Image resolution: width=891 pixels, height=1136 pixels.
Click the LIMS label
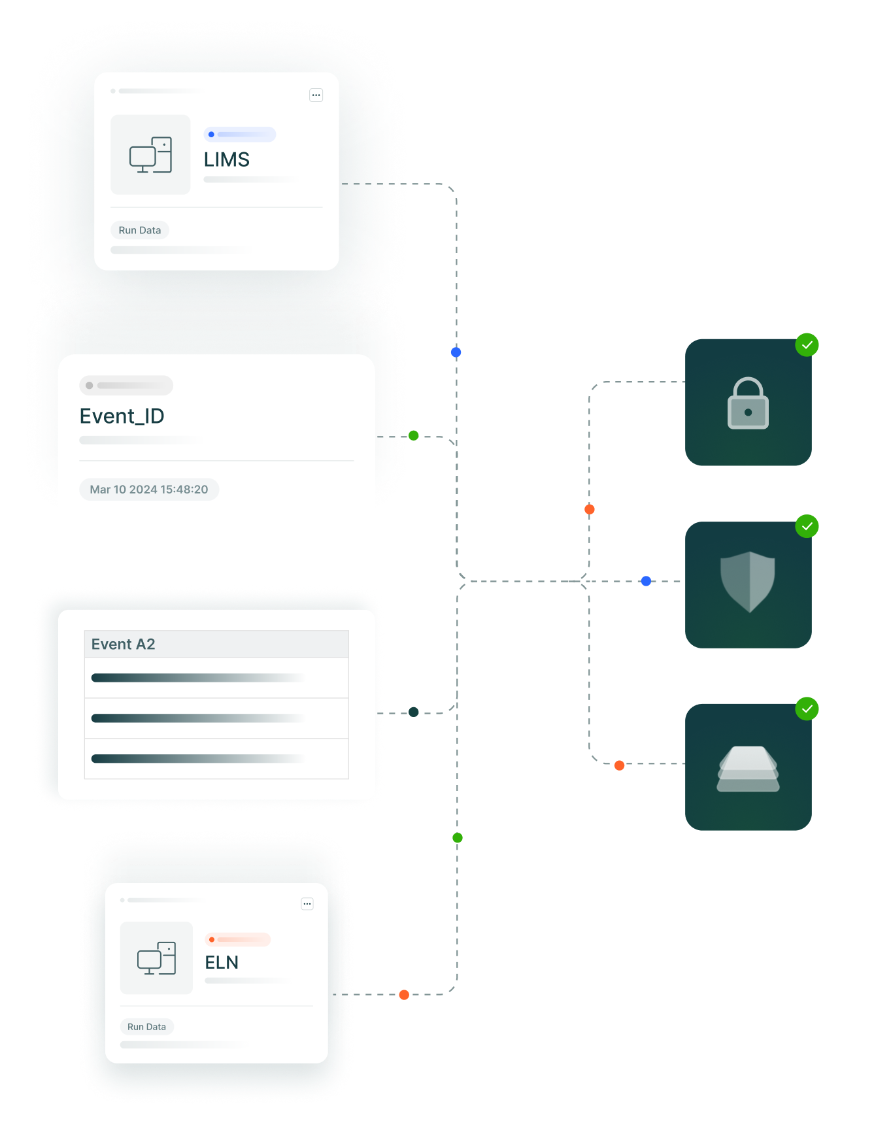tap(227, 159)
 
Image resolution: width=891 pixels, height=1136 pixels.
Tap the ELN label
tap(222, 962)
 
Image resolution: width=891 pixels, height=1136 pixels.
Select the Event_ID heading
tap(122, 416)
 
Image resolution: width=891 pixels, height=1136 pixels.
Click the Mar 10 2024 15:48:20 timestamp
tap(149, 490)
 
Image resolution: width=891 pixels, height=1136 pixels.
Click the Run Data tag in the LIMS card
tap(140, 230)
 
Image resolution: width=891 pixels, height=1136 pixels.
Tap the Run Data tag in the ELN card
tap(146, 1027)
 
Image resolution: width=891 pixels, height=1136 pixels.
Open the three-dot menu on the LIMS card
tap(316, 95)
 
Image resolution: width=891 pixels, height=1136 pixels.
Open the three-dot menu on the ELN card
tap(307, 904)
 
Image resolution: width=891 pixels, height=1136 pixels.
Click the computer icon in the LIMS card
tap(150, 155)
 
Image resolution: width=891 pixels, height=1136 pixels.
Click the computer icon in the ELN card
tap(156, 958)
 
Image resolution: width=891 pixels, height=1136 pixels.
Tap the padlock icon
tap(748, 403)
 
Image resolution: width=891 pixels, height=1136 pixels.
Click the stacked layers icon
tap(748, 769)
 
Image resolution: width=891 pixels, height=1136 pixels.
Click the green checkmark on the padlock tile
tap(807, 344)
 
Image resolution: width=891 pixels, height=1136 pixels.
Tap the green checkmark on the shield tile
tap(807, 526)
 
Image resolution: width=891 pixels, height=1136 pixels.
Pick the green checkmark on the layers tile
tap(807, 709)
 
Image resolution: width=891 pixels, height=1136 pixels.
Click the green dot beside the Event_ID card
tap(414, 435)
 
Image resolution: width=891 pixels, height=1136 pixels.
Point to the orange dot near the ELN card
tap(404, 995)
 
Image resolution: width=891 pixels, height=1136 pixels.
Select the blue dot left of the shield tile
tap(646, 581)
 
